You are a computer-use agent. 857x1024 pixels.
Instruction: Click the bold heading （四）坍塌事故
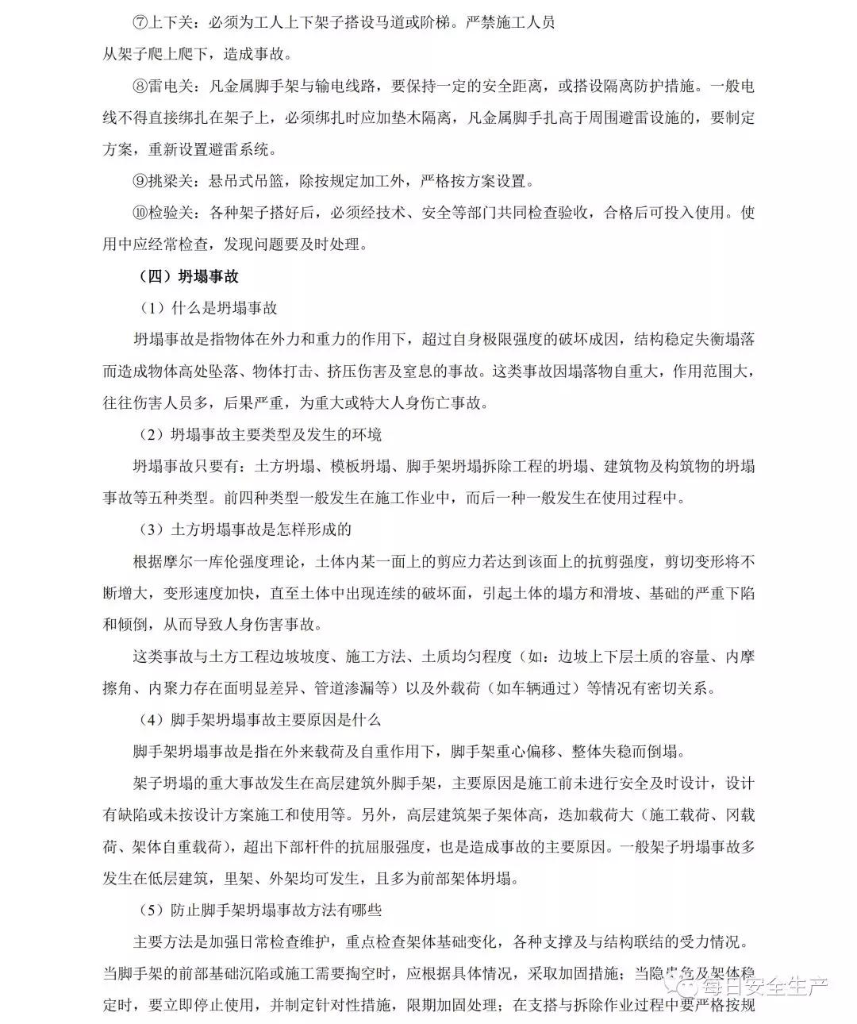[188, 277]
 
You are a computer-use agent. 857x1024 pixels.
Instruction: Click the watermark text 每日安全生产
[762, 987]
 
